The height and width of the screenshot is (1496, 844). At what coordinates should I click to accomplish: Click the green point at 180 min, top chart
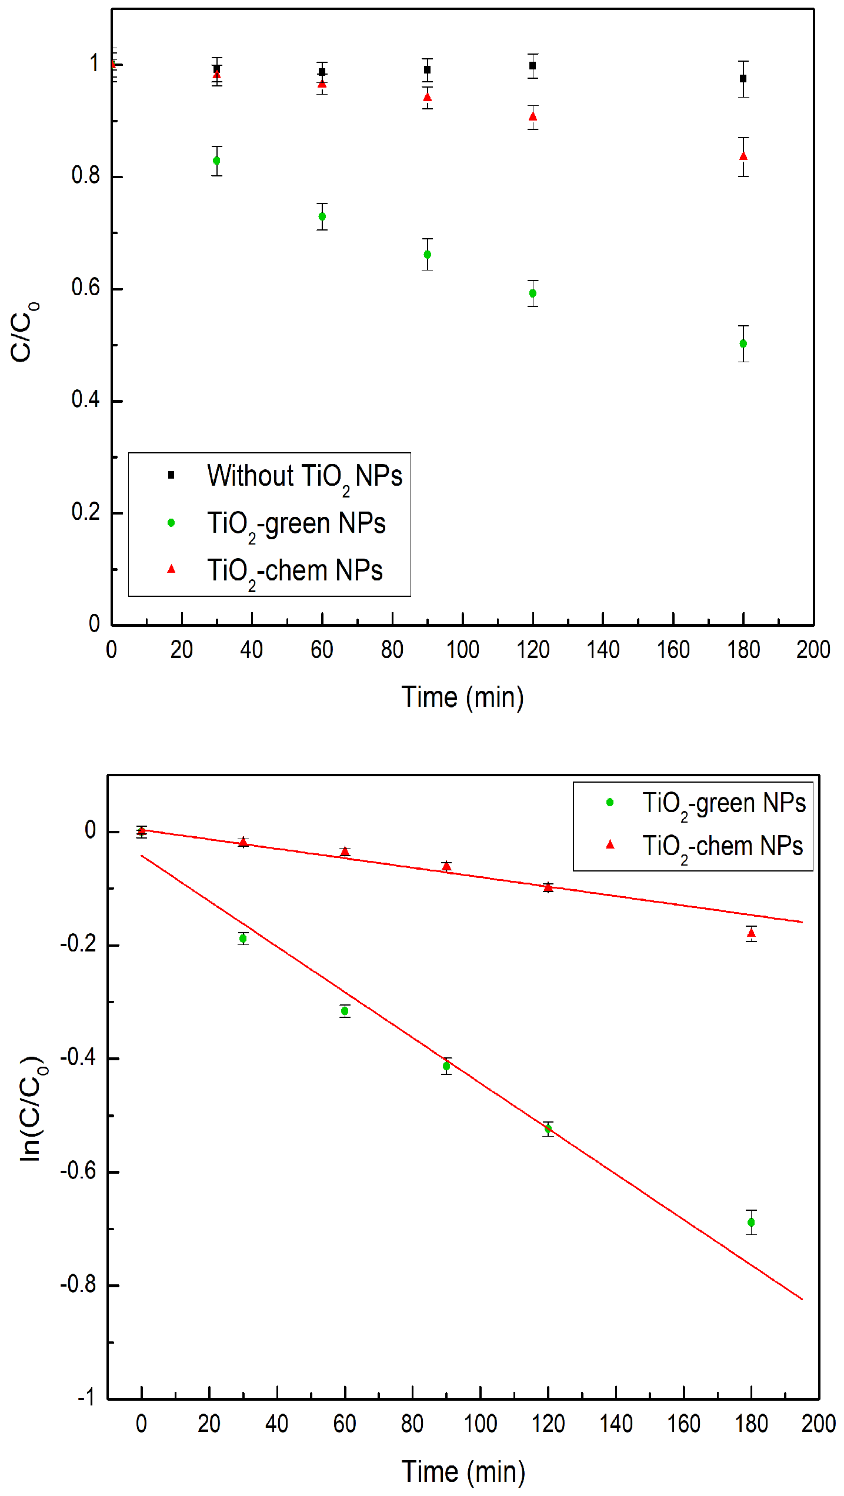click(743, 343)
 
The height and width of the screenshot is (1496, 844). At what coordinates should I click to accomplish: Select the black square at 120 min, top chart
click(533, 66)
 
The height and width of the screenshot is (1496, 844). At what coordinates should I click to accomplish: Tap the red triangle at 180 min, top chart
click(743, 156)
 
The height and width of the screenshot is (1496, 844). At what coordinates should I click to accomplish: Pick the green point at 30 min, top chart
click(216, 161)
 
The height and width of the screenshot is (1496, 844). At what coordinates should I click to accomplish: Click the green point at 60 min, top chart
click(322, 216)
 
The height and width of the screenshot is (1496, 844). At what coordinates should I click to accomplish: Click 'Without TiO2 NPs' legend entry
click(304, 476)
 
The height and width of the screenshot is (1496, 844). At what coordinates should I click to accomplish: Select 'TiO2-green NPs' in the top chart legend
click(296, 523)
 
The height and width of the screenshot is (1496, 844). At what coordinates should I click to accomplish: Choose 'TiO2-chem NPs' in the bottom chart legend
click(722, 847)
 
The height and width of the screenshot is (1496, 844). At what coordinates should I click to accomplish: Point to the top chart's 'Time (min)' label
click(463, 697)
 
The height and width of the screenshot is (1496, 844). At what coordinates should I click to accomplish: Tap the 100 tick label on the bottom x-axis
click(481, 1424)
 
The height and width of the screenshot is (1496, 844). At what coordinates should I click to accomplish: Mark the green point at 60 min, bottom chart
click(345, 1011)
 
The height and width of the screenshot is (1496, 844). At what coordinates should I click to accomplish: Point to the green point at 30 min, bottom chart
click(243, 939)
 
